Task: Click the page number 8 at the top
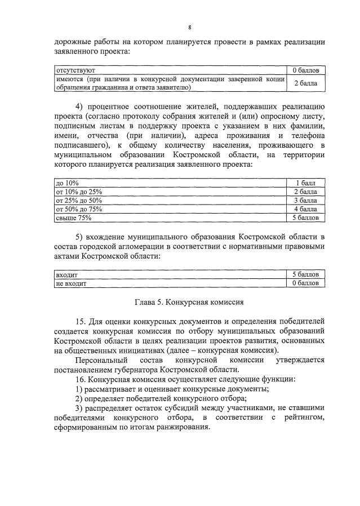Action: click(190, 27)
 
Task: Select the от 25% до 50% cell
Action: click(78, 200)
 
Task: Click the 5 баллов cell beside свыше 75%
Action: click(305, 218)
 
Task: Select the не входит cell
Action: click(70, 283)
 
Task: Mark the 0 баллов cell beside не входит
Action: click(305, 283)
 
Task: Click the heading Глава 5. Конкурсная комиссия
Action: click(189, 302)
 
